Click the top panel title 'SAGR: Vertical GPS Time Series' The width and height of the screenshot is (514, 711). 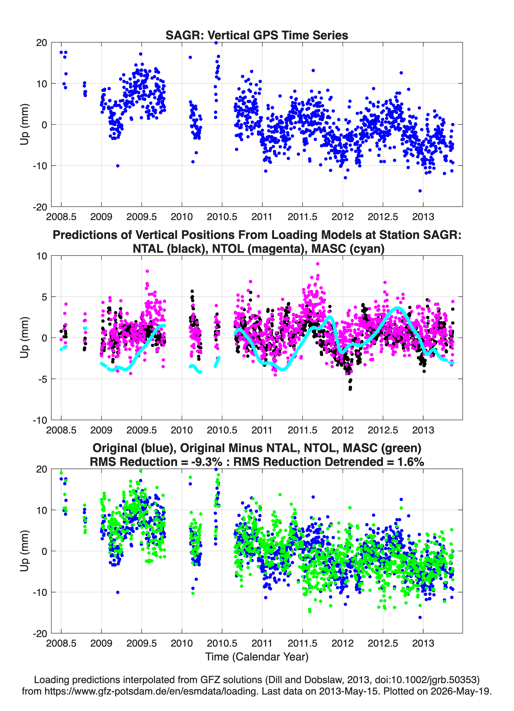click(x=257, y=35)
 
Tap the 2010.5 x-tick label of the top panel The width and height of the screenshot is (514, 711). click(x=222, y=217)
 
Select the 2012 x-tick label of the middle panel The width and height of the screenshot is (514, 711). click(x=343, y=430)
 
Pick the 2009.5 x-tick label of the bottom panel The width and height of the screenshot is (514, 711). click(x=142, y=643)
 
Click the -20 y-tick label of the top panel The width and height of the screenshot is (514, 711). click(x=40, y=207)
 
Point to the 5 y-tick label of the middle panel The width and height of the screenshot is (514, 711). click(x=44, y=297)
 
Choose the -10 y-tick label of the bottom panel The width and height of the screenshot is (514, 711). click(x=40, y=592)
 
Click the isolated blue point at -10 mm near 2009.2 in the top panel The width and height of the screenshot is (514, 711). click(x=118, y=166)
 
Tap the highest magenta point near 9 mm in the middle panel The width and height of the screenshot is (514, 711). click(x=318, y=264)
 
